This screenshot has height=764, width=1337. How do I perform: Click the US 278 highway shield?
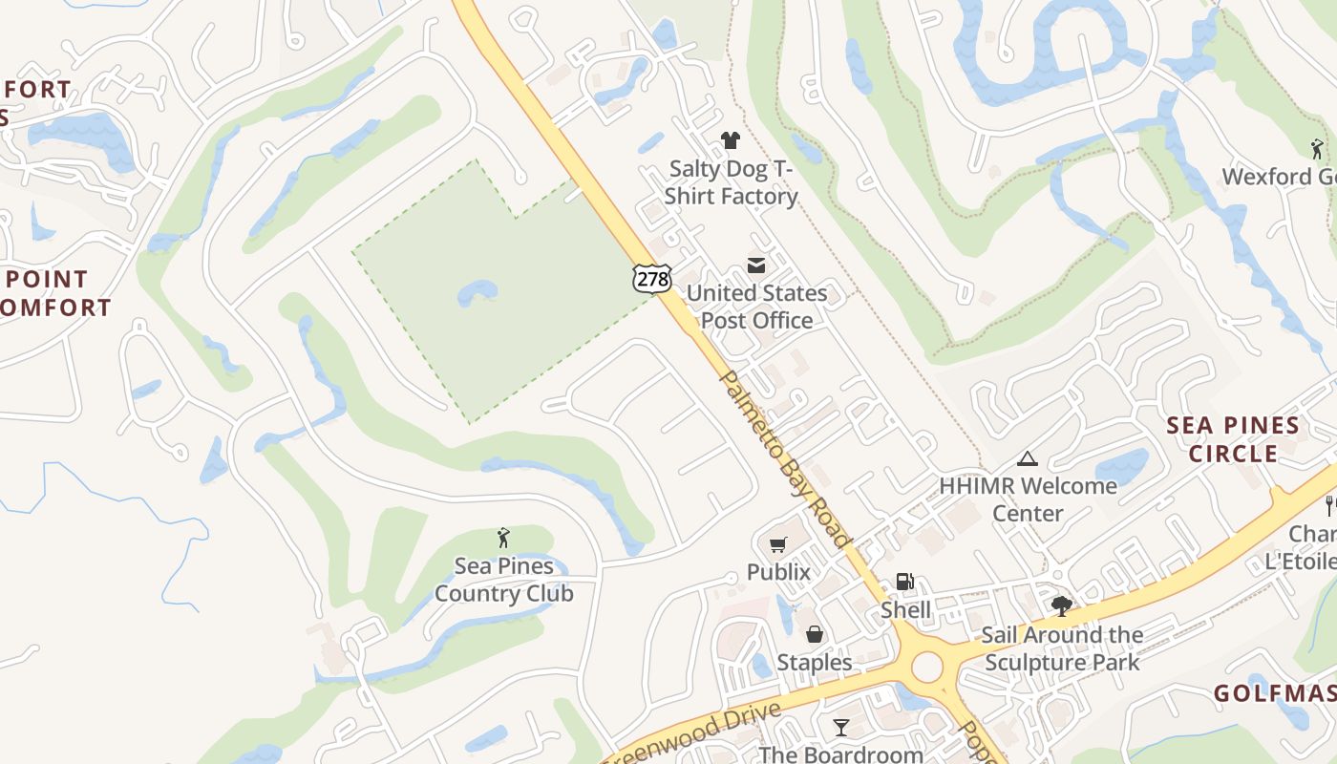click(651, 278)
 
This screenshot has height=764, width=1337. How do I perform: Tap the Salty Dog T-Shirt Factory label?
click(732, 182)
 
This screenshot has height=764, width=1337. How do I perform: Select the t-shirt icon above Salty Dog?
click(731, 141)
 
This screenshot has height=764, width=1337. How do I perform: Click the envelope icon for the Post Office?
click(756, 265)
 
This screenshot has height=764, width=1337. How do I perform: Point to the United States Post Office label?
click(756, 307)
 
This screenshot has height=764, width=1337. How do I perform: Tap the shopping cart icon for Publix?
click(778, 545)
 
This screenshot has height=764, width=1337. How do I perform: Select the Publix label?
click(778, 572)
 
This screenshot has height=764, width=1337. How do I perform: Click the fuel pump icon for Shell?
click(903, 582)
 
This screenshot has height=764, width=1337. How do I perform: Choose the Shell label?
click(905, 609)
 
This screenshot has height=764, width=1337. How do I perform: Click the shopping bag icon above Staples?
click(815, 634)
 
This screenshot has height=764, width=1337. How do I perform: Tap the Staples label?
click(815, 662)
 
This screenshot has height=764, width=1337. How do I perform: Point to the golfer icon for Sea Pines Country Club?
click(503, 539)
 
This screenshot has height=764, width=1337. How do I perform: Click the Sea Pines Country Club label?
click(503, 580)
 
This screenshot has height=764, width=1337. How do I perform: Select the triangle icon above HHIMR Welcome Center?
click(1028, 458)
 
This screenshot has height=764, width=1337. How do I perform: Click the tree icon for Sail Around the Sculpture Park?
click(1061, 605)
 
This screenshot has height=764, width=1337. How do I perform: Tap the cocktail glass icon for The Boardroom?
click(840, 728)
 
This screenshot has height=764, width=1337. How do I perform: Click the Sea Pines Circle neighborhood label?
click(1233, 439)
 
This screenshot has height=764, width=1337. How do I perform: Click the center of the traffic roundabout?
click(927, 668)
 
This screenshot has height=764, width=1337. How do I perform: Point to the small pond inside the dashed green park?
click(477, 291)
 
